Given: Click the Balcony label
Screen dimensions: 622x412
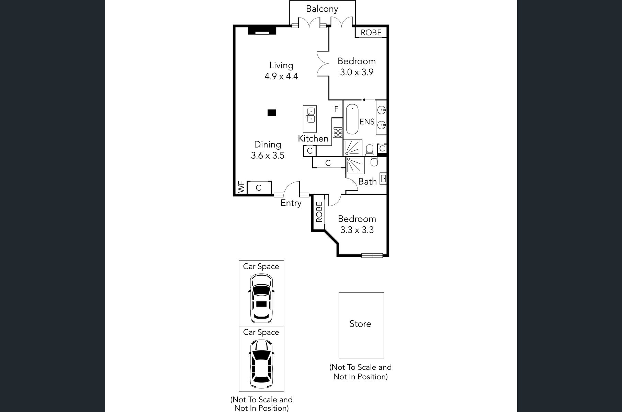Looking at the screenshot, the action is point(322,9).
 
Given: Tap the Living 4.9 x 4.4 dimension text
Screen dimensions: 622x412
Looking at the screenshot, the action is point(281,76).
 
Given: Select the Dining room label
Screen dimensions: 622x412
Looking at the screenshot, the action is point(268,145).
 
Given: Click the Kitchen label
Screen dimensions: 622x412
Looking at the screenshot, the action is point(313,138).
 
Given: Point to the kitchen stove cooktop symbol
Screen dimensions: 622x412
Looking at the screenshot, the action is point(338,133).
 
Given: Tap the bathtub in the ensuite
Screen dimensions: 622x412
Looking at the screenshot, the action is point(352,119).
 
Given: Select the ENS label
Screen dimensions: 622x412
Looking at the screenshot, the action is point(367,122).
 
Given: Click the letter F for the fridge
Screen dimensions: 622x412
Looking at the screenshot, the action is point(336,109).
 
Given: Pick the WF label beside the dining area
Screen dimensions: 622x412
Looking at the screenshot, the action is point(241,187).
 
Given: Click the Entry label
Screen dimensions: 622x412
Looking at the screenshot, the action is point(291,203).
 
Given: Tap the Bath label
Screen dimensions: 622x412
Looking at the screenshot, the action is point(367,182).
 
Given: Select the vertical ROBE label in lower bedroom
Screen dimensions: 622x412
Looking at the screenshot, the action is point(319,212).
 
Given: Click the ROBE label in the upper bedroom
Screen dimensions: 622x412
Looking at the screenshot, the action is point(371,33).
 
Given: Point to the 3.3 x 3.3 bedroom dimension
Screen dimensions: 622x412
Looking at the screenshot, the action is point(357,230).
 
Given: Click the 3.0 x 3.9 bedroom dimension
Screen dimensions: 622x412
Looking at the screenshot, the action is point(357,72).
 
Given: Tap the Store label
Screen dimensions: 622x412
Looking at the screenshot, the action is point(360,324).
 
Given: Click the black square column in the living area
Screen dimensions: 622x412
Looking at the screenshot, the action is point(272,113).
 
